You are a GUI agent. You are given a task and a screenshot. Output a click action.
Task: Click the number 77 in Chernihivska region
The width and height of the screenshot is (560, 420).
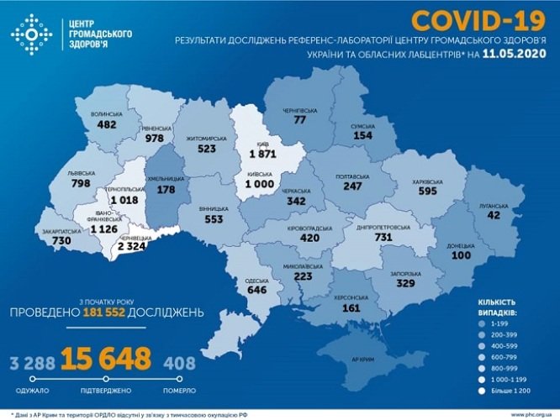pyautogui.click(x=299, y=120)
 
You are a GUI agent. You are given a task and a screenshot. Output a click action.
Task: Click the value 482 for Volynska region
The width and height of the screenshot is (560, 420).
pyautogui.click(x=106, y=124)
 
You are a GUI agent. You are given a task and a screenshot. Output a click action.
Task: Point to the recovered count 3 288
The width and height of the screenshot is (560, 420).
pyautogui.click(x=29, y=363)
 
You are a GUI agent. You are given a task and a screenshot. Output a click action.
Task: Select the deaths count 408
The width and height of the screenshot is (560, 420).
pyautogui.click(x=181, y=363)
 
